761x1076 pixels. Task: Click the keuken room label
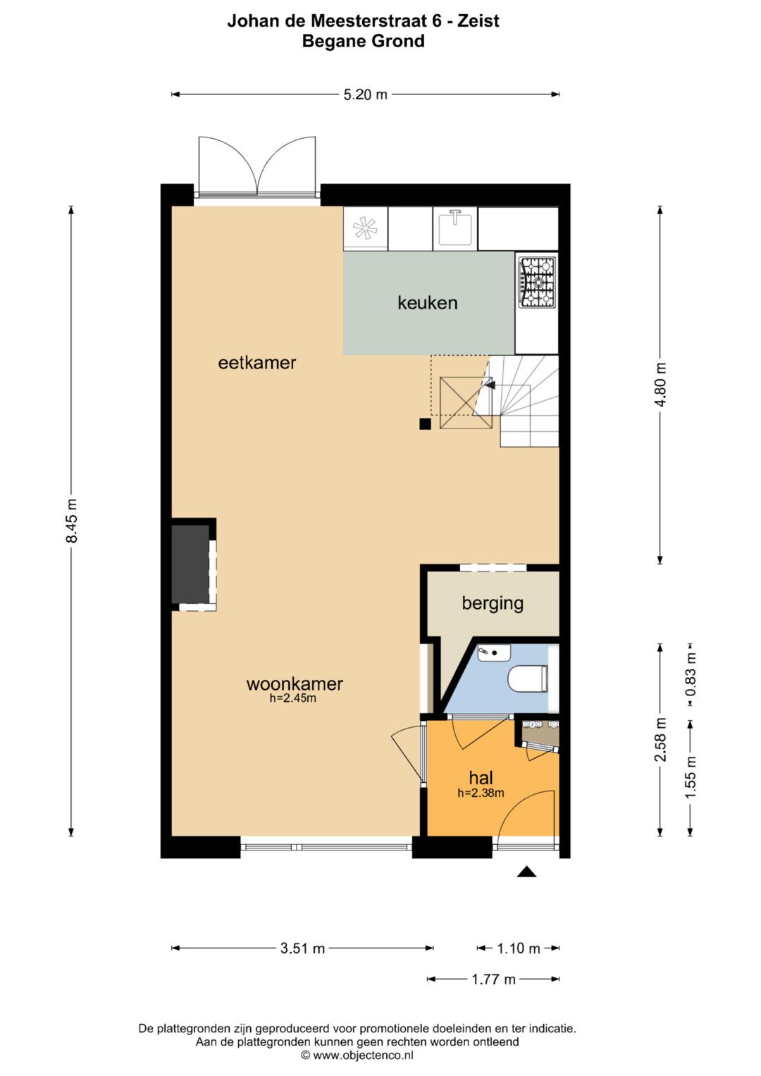click(x=427, y=303)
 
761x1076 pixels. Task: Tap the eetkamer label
click(x=256, y=363)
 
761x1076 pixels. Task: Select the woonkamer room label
click(x=295, y=684)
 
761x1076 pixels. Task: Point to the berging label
click(x=493, y=604)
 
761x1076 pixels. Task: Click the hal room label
click(x=481, y=778)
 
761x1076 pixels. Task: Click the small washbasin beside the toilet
click(x=494, y=653)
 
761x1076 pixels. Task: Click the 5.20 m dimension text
click(x=365, y=94)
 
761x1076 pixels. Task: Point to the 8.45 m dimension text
click(x=71, y=520)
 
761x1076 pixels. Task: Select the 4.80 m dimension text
click(x=660, y=385)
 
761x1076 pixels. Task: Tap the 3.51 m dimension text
click(x=303, y=948)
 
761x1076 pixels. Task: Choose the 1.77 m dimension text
click(x=493, y=979)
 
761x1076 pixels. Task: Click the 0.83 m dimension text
click(x=691, y=674)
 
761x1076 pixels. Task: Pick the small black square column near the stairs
click(x=425, y=423)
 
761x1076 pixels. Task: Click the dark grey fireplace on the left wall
click(x=191, y=564)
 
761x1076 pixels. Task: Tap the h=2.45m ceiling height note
click(x=292, y=698)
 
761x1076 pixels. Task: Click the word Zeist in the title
click(x=478, y=20)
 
